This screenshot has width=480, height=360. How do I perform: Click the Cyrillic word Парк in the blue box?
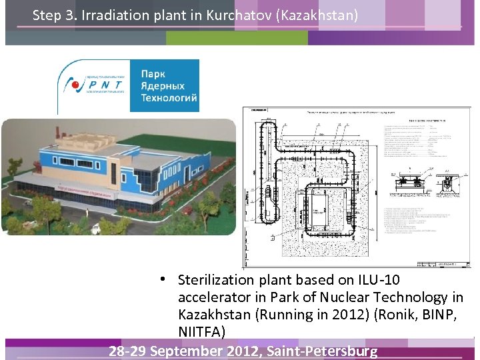tap(153, 74)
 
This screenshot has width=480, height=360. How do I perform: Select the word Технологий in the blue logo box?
tap(169, 98)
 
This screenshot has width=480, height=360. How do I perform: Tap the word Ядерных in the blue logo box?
tap(163, 86)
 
